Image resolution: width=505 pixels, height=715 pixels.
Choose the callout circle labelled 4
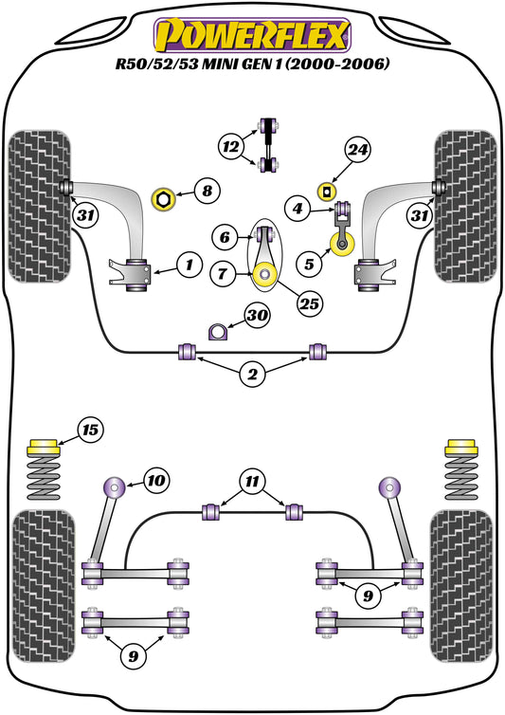(297, 208)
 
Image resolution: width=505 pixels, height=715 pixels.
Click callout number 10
(155, 481)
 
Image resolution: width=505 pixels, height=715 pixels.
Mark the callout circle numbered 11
(251, 483)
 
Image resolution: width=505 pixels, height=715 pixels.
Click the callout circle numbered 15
(90, 431)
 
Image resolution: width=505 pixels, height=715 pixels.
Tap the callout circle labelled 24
(357, 150)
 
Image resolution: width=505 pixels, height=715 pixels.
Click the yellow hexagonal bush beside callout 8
(165, 200)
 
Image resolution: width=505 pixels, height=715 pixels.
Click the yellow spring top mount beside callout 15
(45, 447)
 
